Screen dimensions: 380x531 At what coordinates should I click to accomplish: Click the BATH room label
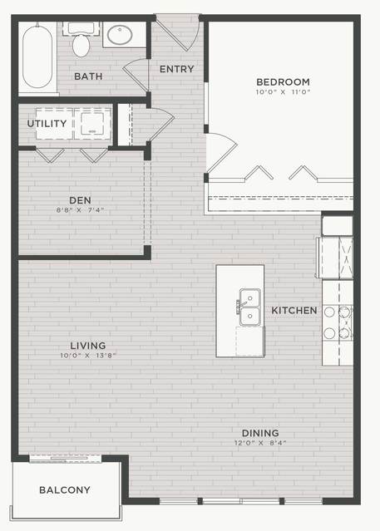[x=88, y=76]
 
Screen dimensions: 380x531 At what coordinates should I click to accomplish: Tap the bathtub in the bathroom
[x=37, y=57]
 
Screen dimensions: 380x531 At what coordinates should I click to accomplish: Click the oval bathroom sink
[x=120, y=34]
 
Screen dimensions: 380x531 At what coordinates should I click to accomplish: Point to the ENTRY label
[x=176, y=69]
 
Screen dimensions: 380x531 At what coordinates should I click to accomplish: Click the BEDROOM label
[x=283, y=82]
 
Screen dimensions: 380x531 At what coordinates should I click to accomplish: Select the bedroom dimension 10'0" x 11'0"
[x=283, y=91]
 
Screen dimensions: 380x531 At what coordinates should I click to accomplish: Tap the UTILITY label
[x=47, y=123]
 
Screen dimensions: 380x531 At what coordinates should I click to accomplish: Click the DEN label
[x=80, y=200]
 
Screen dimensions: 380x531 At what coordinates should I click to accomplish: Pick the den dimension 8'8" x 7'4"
[x=80, y=210]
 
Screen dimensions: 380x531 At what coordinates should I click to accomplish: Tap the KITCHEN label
[x=294, y=310]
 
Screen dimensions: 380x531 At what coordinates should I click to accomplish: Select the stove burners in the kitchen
[x=338, y=322]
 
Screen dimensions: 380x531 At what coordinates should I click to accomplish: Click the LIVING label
[x=88, y=346]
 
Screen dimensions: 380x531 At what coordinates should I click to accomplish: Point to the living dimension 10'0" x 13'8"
[x=88, y=355]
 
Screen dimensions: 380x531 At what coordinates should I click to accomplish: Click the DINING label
[x=260, y=433]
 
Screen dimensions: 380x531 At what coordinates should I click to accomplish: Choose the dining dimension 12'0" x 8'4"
[x=260, y=443]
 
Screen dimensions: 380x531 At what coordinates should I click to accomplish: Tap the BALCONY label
[x=65, y=489]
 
